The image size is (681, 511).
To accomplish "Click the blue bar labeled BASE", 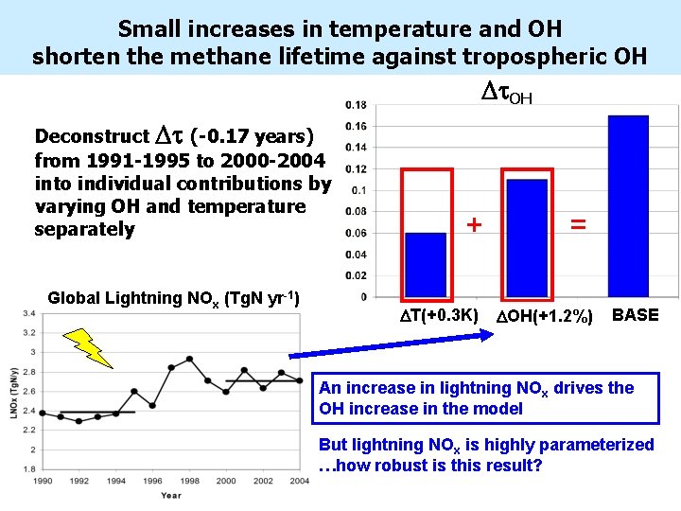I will [x=628, y=205].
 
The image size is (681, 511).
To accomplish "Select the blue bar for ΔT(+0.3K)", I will [x=425, y=264].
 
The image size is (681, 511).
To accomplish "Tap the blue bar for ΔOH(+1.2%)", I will [x=527, y=238].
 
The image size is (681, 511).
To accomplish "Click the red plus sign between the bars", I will [x=475, y=225].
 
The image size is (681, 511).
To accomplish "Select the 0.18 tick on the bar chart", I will [x=357, y=104].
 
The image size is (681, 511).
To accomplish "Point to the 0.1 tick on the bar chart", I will [x=358, y=190].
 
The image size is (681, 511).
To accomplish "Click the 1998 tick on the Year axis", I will [x=189, y=482].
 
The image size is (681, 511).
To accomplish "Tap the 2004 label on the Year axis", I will [x=299, y=482].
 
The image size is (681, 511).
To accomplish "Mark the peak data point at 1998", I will [x=189, y=360].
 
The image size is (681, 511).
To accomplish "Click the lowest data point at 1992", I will [x=79, y=421].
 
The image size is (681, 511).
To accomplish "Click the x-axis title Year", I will [x=171, y=495].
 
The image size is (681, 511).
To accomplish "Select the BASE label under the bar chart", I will [x=636, y=315].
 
